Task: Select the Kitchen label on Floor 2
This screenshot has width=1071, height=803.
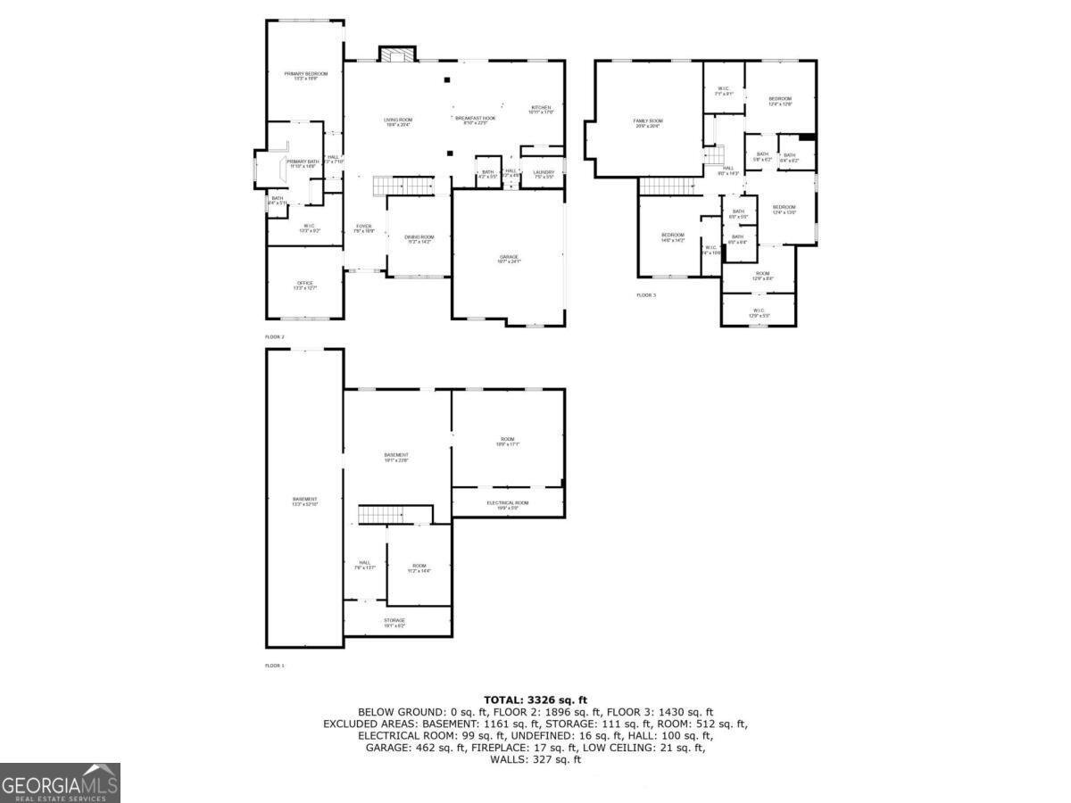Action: (x=542, y=108)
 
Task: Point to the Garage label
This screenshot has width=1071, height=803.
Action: (x=509, y=258)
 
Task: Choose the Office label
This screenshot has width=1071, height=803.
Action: (x=305, y=284)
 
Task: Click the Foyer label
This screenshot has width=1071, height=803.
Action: (x=364, y=227)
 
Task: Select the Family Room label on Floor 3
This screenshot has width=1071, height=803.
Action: (x=648, y=120)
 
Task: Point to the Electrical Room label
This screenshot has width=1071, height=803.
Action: (x=508, y=503)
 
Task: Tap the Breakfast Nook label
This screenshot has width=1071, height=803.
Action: (x=475, y=118)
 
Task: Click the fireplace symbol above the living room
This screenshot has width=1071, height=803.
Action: (x=396, y=54)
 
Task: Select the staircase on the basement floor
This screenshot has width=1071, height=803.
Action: (x=382, y=515)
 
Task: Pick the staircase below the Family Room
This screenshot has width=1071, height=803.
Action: (x=668, y=186)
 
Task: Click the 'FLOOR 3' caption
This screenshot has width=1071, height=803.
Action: (x=645, y=294)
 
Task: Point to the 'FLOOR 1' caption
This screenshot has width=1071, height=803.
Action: (x=275, y=666)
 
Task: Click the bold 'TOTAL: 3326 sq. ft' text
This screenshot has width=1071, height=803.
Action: (x=535, y=700)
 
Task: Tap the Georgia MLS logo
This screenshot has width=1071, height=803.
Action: (x=60, y=782)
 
